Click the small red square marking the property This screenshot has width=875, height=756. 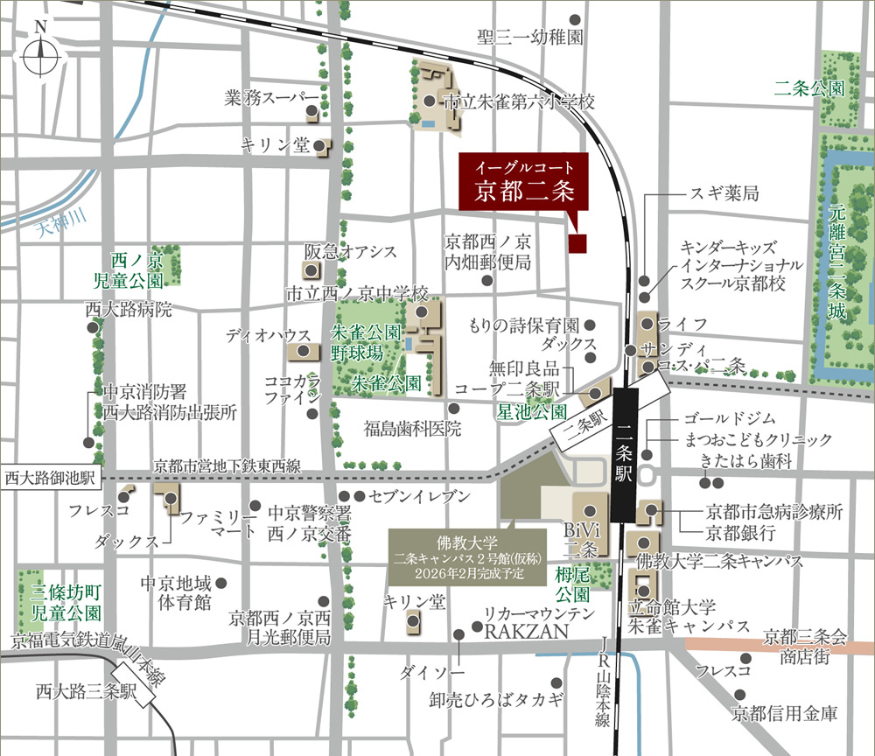tap(577, 244)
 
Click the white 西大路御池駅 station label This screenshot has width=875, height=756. tap(52, 478)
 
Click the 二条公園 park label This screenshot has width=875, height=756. tap(809, 88)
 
